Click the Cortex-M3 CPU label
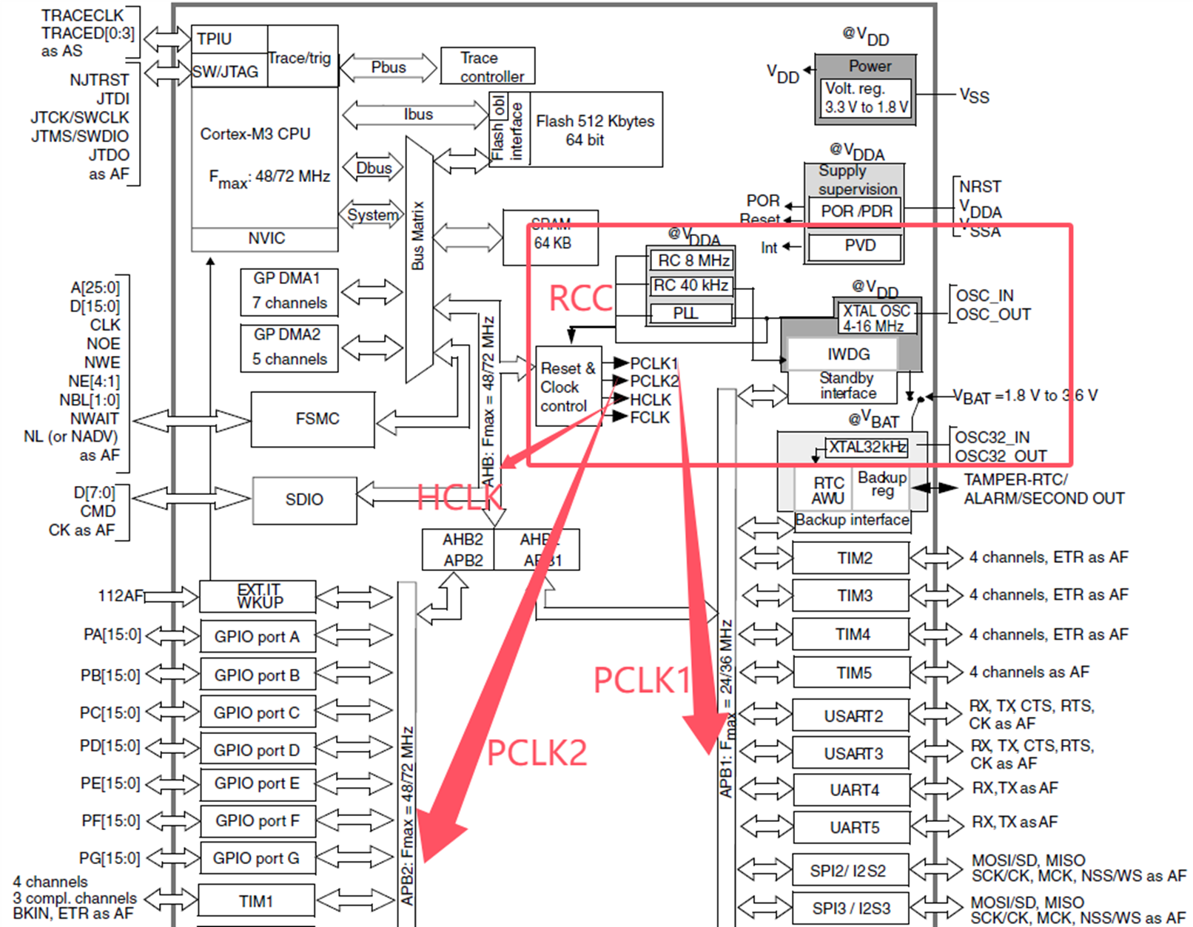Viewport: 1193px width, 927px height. (255, 134)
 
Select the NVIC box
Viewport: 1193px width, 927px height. (265, 238)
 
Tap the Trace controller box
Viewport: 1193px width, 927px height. (487, 67)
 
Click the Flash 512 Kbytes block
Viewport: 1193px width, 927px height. (595, 129)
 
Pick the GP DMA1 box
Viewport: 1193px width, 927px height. (289, 291)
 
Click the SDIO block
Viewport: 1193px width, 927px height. (304, 499)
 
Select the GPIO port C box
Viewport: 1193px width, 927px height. (257, 712)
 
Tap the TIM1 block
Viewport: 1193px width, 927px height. (256, 901)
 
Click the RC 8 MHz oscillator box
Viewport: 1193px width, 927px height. (692, 260)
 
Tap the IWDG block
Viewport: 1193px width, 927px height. (847, 354)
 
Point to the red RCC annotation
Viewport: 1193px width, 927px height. (580, 299)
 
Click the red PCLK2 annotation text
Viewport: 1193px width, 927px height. (537, 752)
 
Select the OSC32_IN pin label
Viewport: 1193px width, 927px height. (992, 437)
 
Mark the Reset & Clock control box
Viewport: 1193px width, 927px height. (568, 387)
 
